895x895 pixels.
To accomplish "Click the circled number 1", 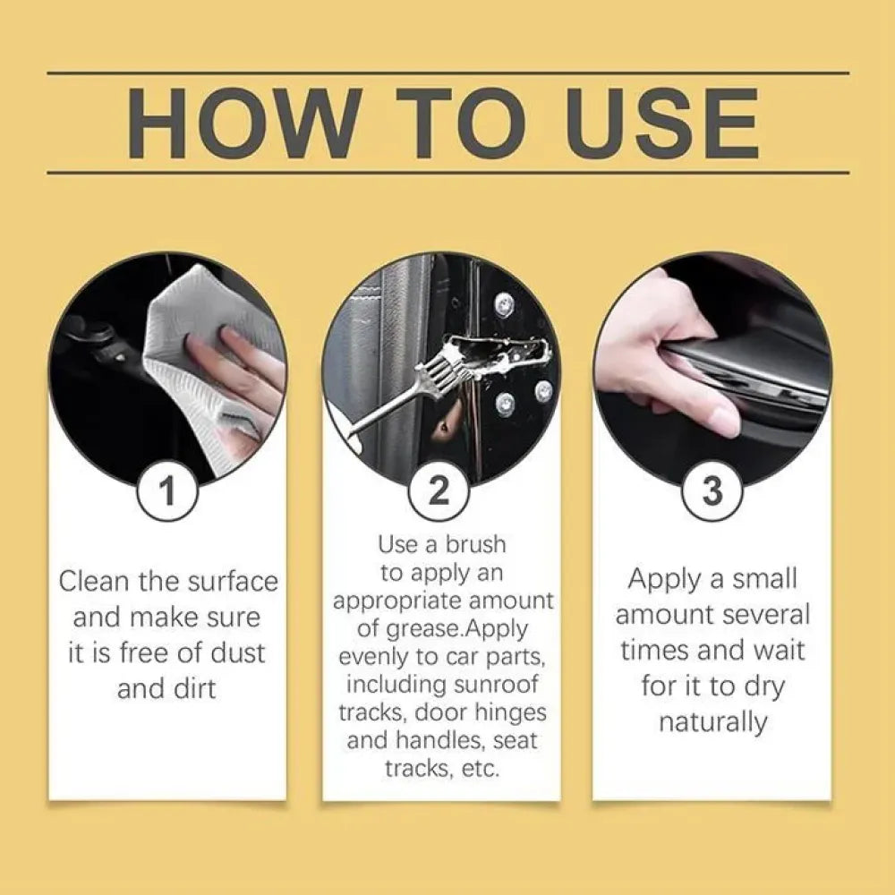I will click(167, 491).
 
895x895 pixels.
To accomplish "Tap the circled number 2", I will click(439, 491).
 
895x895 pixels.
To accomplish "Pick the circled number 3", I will click(712, 491).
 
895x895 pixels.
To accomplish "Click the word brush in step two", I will click(473, 544).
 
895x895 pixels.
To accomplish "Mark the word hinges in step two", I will click(507, 712).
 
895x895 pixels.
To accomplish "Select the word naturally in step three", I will click(712, 722).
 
